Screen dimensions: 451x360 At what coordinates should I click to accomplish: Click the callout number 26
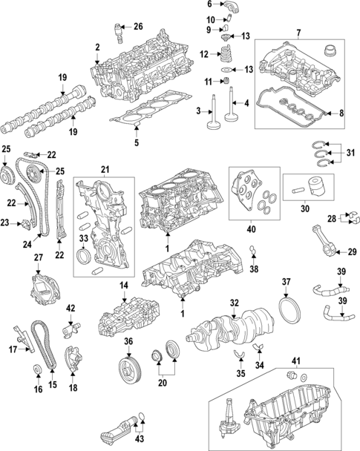pos(137,27)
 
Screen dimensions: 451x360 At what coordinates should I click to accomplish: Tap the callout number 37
pos(287,282)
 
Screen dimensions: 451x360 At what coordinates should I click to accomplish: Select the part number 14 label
pos(124,285)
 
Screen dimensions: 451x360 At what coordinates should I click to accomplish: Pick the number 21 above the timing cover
pos(105,171)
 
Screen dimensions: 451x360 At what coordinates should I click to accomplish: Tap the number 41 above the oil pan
pos(295,361)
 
